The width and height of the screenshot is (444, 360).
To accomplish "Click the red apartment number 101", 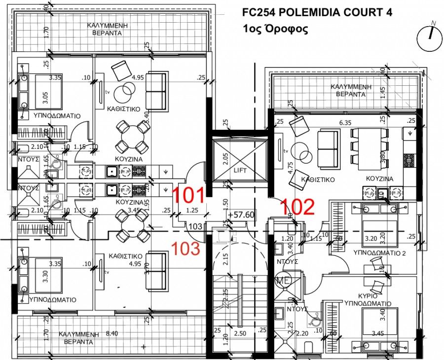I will (x=188, y=195).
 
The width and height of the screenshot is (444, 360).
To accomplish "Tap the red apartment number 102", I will (x=297, y=207).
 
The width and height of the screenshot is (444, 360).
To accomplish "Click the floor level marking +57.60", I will (x=241, y=215).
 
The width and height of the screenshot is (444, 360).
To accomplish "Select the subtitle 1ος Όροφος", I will (x=275, y=29).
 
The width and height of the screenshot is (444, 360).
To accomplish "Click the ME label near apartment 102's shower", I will (x=282, y=281).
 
